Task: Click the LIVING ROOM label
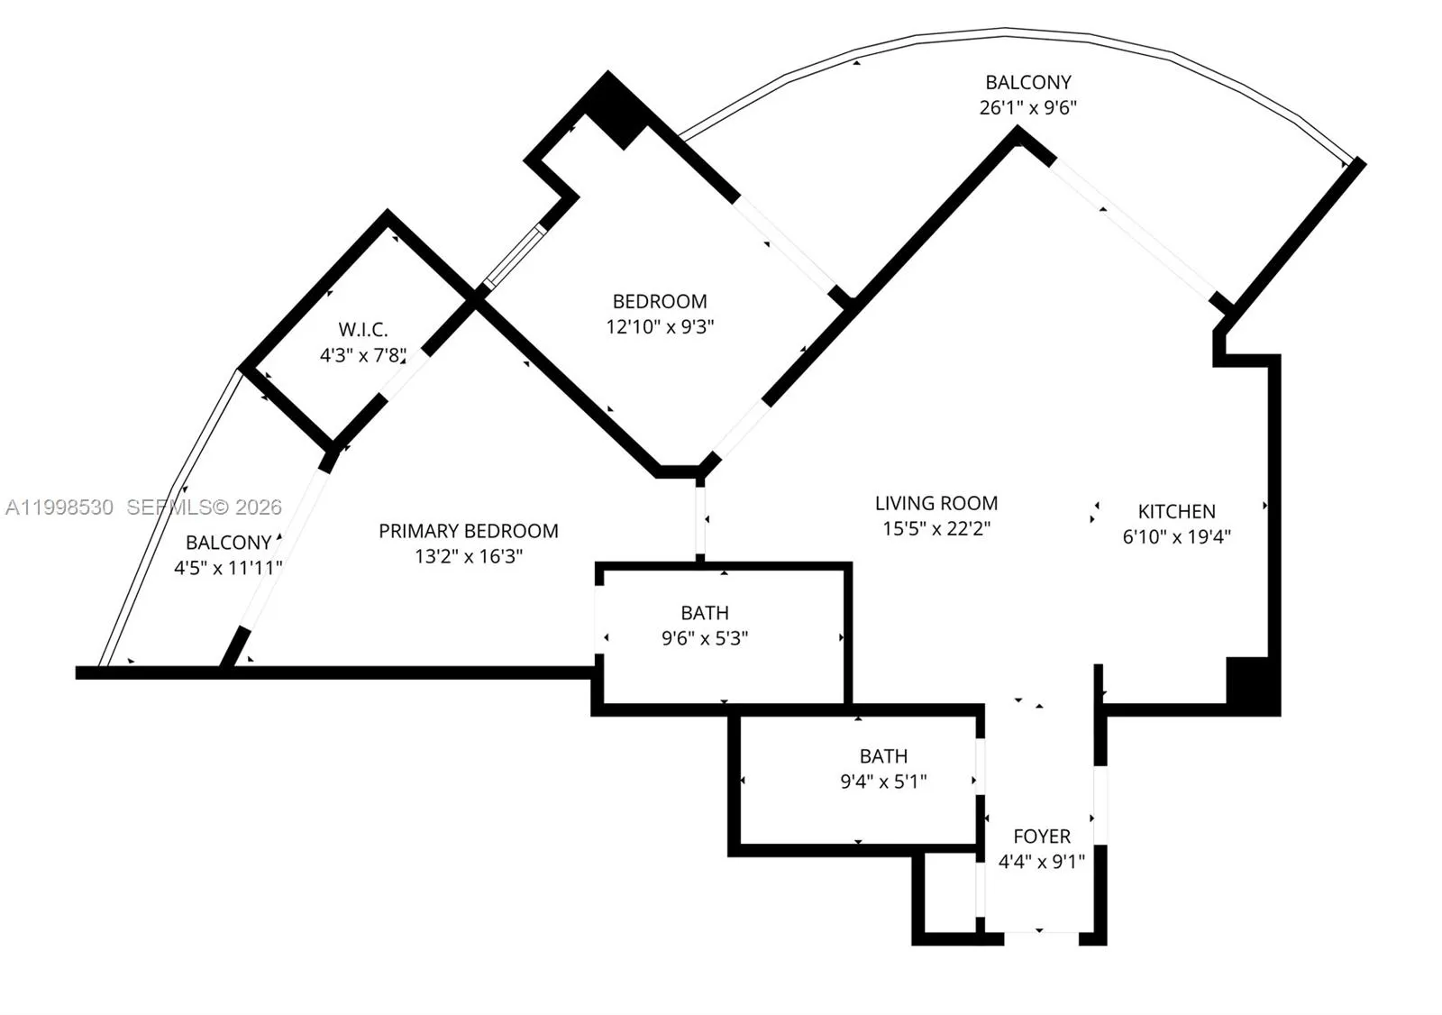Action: [935, 503]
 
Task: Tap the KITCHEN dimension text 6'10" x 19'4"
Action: [1176, 536]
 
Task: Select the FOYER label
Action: [1041, 837]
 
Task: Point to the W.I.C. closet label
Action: [363, 330]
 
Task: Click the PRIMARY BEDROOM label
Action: [468, 531]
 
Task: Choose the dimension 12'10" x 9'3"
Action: [660, 326]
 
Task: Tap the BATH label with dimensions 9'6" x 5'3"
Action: [704, 613]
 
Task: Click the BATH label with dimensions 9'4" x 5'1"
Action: [882, 756]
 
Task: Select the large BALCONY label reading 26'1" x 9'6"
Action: [1027, 82]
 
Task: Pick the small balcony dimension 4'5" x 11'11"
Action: [228, 568]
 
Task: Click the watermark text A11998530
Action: [59, 507]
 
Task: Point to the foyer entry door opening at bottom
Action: [1041, 937]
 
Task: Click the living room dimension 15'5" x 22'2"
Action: [935, 528]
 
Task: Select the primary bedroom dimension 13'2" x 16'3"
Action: [468, 556]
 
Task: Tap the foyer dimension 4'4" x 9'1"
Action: [1041, 862]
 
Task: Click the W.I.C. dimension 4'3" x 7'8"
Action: [363, 355]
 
